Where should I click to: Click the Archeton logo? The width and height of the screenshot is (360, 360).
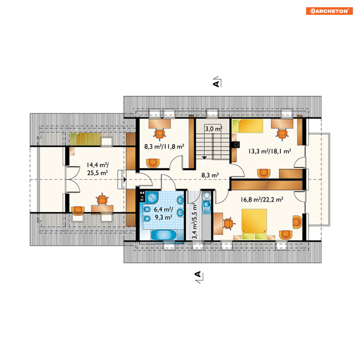coord(329,11)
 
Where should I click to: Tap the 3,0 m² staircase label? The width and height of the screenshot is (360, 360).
coord(213,128)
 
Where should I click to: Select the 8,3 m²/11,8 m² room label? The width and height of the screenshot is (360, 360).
coord(164,147)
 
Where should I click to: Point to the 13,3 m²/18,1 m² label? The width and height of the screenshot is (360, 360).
coord(270,151)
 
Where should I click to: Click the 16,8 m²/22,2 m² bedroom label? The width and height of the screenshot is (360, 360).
coord(262,199)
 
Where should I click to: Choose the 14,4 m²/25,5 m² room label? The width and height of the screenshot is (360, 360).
coord(98,169)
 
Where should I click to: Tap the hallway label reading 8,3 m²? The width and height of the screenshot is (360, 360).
coord(210,175)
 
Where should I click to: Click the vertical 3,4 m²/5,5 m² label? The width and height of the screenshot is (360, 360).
coord(194,221)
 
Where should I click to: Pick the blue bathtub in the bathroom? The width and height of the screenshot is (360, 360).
coord(164,235)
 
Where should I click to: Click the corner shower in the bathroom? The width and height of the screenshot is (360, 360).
coord(152,197)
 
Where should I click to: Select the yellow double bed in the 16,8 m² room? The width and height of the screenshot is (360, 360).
coord(254,224)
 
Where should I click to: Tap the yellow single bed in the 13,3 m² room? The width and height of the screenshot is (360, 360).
coord(247,126)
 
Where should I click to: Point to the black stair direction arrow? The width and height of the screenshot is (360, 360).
coord(204,158)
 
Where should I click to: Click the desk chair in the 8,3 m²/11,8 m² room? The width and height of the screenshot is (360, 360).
coord(160,134)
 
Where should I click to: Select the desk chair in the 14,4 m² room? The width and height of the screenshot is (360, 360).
coord(102,199)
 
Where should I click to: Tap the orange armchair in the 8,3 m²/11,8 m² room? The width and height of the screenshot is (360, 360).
coord(153,163)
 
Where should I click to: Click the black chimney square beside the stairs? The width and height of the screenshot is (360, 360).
coord(236,145)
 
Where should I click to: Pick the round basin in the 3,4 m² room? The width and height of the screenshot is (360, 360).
coord(207,195)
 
